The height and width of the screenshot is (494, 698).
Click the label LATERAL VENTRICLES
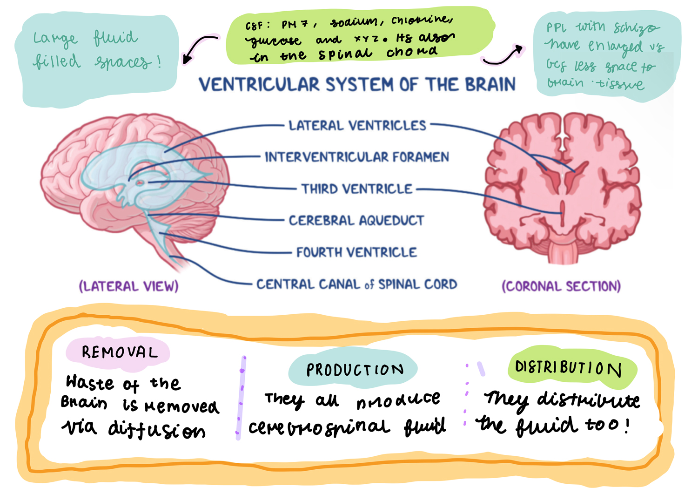coord(357,125)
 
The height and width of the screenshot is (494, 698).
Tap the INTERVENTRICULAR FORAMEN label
coord(357,157)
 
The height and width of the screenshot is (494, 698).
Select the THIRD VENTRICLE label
coord(357,189)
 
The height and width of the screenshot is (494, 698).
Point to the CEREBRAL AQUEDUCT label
coord(356,220)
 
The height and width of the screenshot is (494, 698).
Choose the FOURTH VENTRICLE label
coord(357,252)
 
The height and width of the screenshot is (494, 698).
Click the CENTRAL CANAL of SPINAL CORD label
coord(357,284)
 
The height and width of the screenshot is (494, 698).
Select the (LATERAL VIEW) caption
coord(128,286)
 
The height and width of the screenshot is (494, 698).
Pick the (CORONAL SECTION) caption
coord(561,286)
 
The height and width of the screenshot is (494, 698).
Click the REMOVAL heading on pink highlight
coord(120,352)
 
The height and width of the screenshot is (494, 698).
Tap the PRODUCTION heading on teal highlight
coord(355,370)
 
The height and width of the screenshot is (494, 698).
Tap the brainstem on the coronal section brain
coord(563,251)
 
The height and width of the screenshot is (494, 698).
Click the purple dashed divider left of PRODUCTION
coord(241,398)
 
